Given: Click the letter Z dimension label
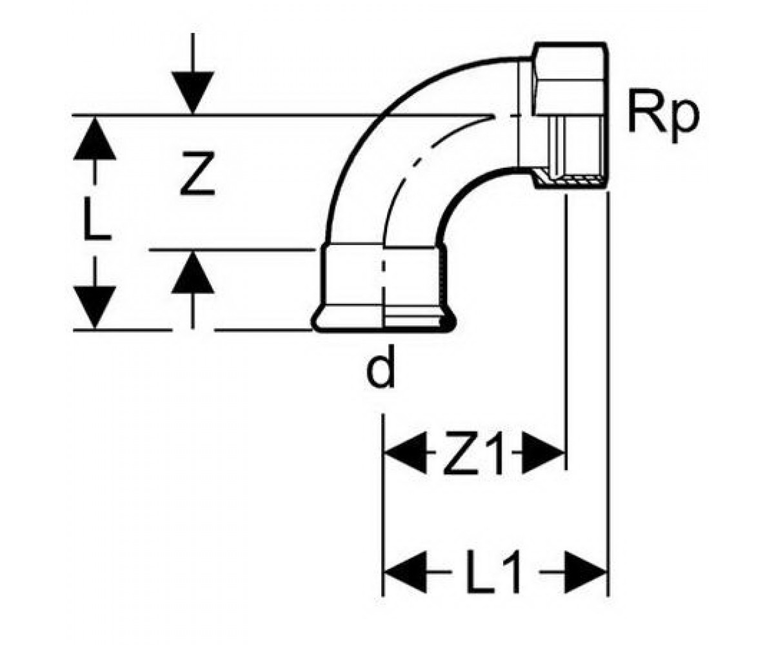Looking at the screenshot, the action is [197, 173].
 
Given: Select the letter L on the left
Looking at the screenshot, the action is [96, 219].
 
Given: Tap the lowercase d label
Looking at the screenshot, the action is [380, 368].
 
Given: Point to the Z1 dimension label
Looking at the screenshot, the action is [473, 453].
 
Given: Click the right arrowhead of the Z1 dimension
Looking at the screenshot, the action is [543, 453].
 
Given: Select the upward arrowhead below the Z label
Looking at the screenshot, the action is [193, 272].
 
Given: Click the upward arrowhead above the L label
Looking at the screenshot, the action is [95, 139].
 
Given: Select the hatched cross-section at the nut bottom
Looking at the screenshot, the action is [571, 181].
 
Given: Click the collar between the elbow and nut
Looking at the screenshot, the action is [526, 115].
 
